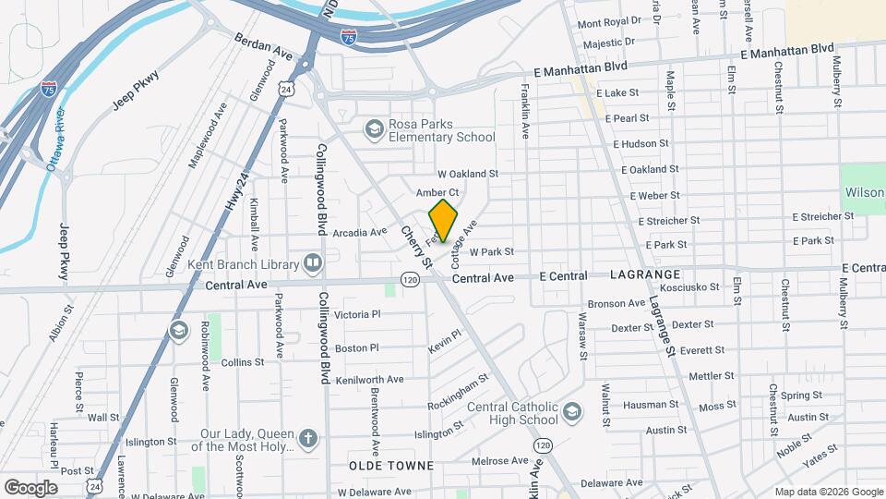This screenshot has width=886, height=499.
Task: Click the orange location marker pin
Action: coord(444,221)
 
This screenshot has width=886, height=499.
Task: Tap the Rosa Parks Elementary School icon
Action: coord(374,128)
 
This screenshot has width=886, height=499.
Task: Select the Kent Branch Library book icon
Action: coord(313,264)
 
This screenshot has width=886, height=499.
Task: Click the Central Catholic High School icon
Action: coord(572,410)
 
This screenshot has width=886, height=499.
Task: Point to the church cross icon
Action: coord(308,437)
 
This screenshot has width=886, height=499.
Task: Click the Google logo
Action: coord(30,487)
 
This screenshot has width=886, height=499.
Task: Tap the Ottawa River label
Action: coord(54,140)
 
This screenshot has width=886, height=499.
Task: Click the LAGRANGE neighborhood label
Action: coord(645,275)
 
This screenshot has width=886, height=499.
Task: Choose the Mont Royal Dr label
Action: coord(608,21)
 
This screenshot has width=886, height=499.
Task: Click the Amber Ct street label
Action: coord(437,192)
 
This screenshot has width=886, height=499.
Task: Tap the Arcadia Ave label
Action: coord(360,232)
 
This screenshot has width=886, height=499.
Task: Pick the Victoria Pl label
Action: coord(357,314)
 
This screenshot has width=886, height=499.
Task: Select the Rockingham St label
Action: coord(463,395)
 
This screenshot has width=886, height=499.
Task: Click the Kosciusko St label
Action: coord(695,287)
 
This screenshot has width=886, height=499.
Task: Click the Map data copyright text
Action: coord(828,492)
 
